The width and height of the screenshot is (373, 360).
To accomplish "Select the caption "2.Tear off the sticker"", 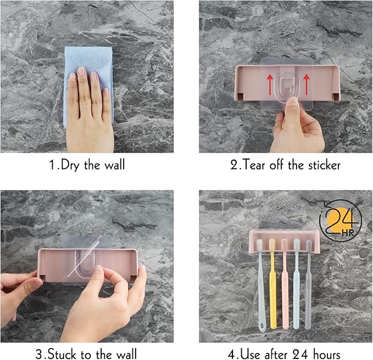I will (x=285, y=164).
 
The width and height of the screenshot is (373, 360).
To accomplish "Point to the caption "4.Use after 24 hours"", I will (x=285, y=354).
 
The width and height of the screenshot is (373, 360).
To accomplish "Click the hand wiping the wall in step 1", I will (x=88, y=104).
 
